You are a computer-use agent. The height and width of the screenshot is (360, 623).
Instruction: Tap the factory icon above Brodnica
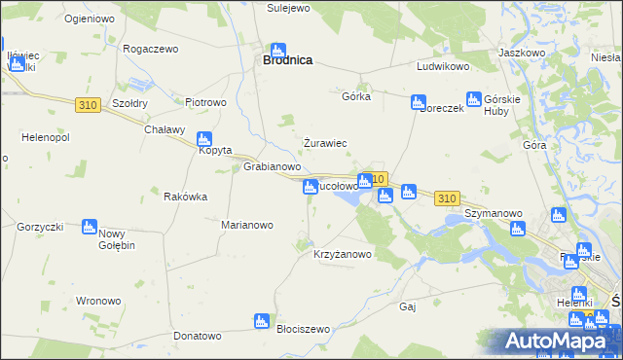[278, 50]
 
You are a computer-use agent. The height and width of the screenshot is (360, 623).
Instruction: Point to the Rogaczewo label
[150, 50]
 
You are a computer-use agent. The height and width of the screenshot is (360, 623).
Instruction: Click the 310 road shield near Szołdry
[88, 103]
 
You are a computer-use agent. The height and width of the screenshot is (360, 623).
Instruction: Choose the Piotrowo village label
[205, 101]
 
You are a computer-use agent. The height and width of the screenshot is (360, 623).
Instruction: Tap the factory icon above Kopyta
[204, 139]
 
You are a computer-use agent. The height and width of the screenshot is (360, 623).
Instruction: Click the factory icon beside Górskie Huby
[474, 99]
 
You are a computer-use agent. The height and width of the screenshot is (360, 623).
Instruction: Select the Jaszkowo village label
[521, 53]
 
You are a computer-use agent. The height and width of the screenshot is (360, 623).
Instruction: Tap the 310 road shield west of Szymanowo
[447, 198]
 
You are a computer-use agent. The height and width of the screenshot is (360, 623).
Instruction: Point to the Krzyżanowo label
[342, 254]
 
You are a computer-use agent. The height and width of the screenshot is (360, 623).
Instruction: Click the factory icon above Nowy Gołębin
[90, 227]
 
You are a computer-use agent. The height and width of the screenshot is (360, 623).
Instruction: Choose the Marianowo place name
[246, 225]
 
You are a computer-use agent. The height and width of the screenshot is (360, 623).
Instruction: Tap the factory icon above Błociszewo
[261, 320]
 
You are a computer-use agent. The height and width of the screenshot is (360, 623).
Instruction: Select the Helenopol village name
[34, 137]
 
